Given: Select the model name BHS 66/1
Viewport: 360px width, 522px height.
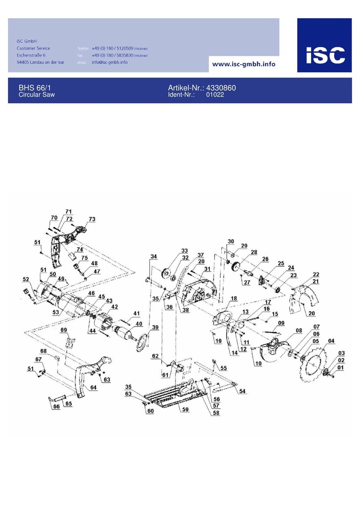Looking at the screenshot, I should pos(31,88).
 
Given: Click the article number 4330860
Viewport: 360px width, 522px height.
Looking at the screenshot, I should pos(221,88).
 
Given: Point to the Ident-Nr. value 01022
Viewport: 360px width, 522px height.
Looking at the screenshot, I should pos(214,95).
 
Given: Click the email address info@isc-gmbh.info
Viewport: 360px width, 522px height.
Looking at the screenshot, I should pos(110,62).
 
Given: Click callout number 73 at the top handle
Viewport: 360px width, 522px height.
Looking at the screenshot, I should pos(92,219).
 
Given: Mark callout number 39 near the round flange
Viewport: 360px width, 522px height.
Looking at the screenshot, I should pos(155,327).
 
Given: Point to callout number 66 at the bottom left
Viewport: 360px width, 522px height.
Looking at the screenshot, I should pos(56,407).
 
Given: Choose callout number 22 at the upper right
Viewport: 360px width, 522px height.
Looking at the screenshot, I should pos(315,274).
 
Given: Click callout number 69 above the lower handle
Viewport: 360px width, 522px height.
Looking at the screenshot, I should pos(64,330).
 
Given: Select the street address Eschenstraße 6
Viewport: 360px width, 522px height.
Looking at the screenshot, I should pos(33,55).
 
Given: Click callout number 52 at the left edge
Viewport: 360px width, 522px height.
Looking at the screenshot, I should pos(26,279).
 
